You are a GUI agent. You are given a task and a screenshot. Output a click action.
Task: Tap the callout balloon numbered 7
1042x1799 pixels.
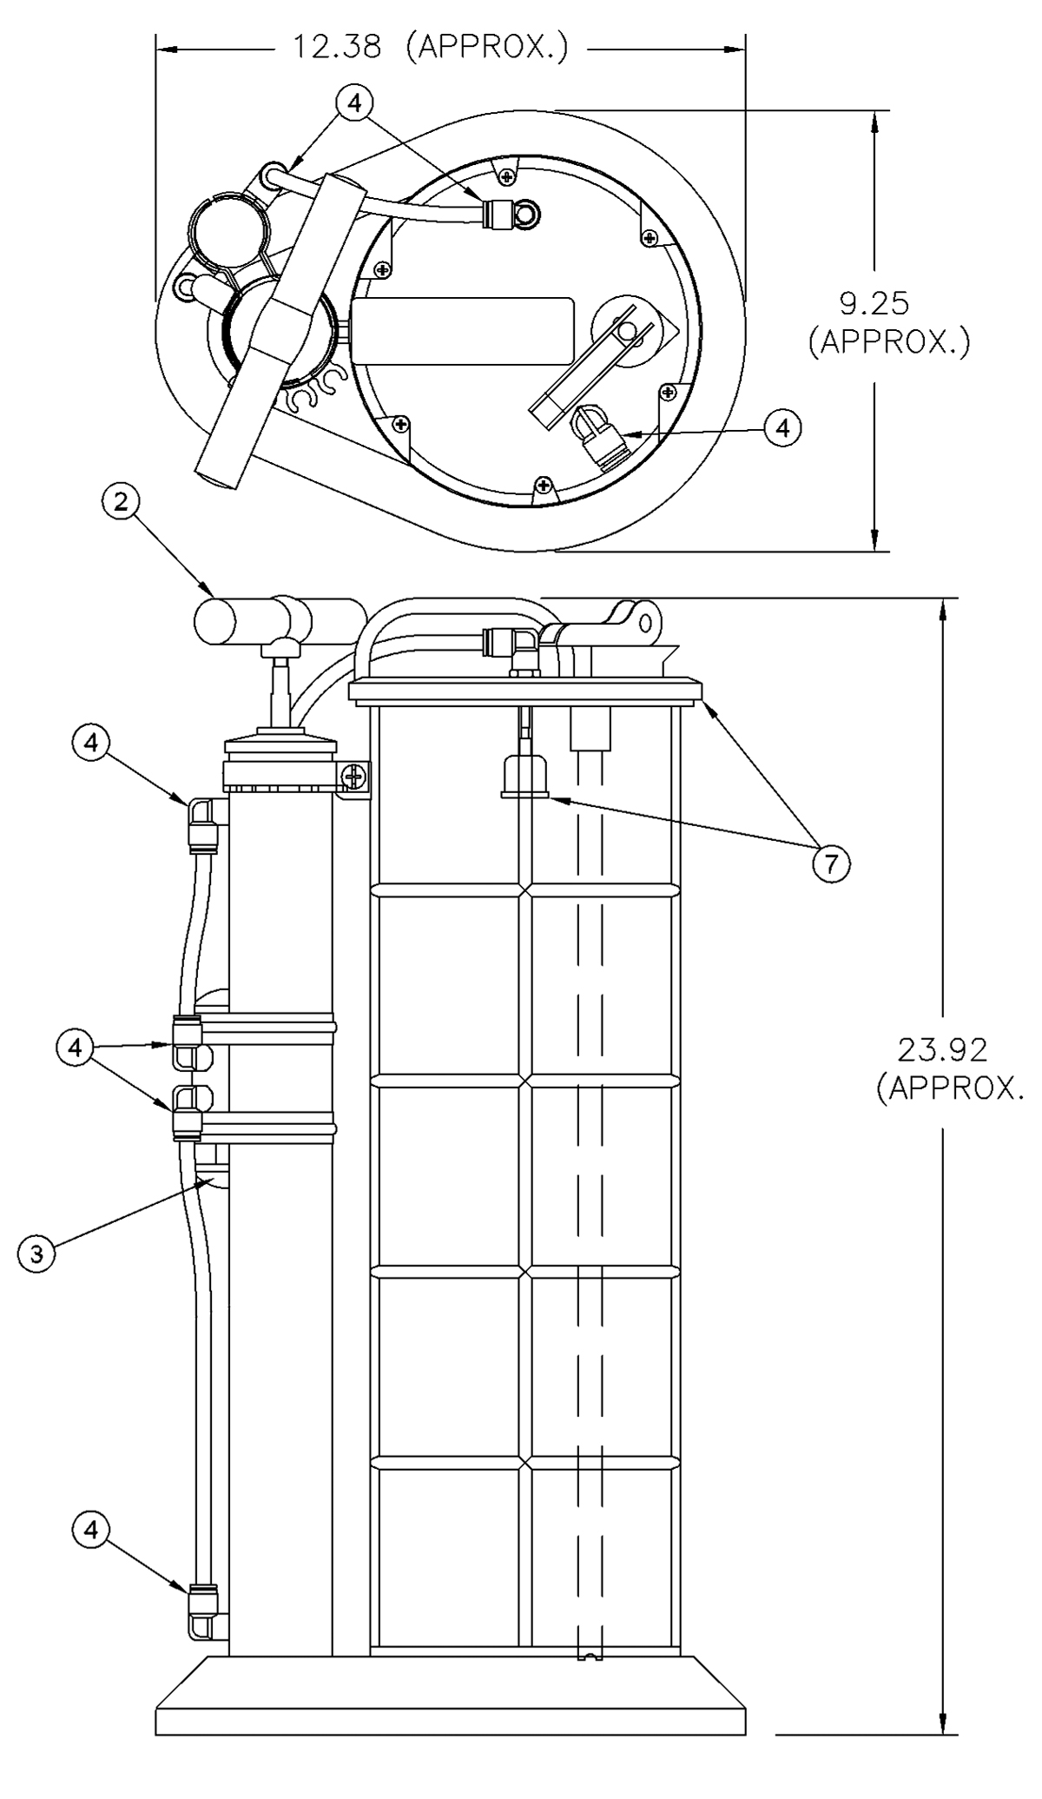tap(831, 863)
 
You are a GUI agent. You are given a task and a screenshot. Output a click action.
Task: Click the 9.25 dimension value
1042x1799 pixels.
tap(875, 303)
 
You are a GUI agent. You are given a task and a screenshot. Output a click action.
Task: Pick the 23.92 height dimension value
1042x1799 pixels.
tap(942, 1050)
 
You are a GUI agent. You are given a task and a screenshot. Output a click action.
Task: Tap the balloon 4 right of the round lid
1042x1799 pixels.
tap(783, 427)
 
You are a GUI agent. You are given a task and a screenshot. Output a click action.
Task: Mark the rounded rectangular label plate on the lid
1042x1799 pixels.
tap(464, 331)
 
